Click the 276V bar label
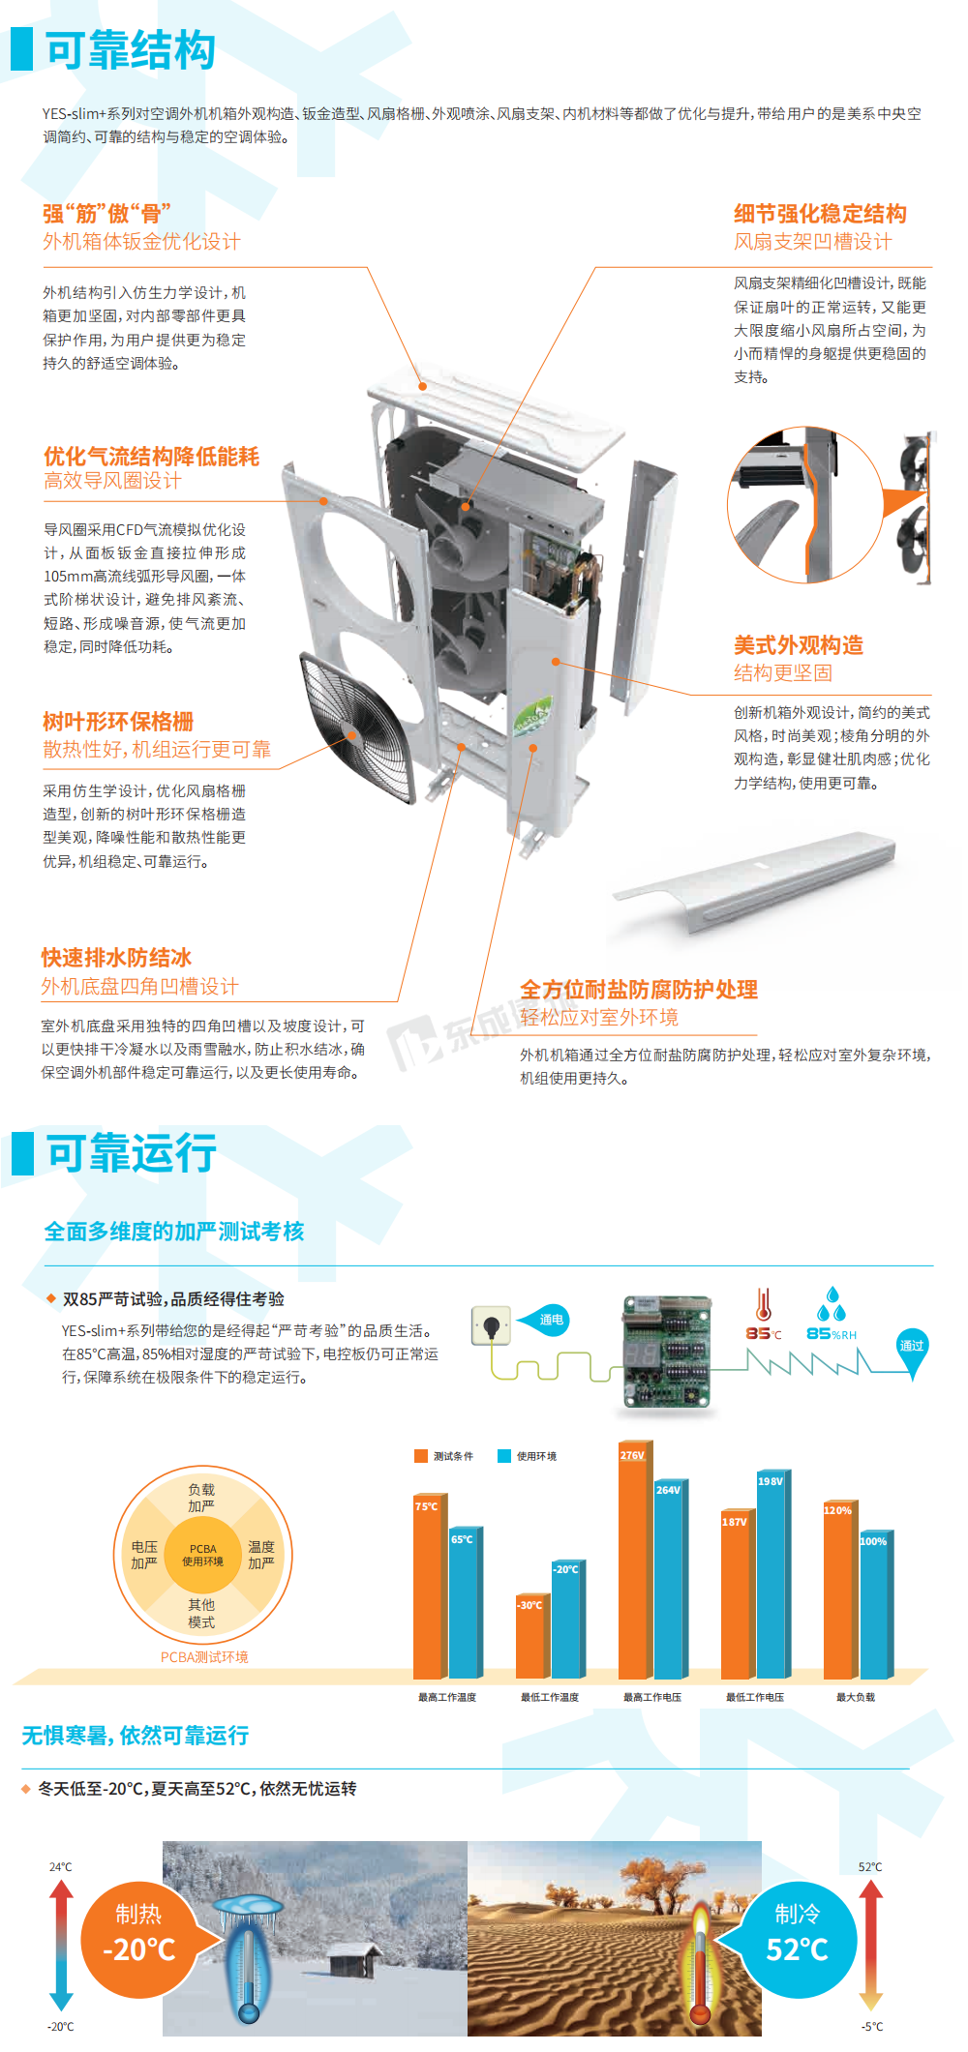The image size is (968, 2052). [632, 1455]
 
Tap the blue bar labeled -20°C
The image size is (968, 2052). [566, 1620]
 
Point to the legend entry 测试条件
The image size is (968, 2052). [444, 1456]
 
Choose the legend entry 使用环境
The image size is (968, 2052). [528, 1456]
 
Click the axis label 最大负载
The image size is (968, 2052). [856, 1697]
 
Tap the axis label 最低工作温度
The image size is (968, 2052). [550, 1697]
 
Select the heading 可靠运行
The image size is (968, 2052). [131, 1153]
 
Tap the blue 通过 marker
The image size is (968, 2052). [912, 1350]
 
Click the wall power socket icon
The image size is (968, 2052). [491, 1325]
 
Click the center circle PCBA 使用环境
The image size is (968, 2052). [203, 1555]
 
